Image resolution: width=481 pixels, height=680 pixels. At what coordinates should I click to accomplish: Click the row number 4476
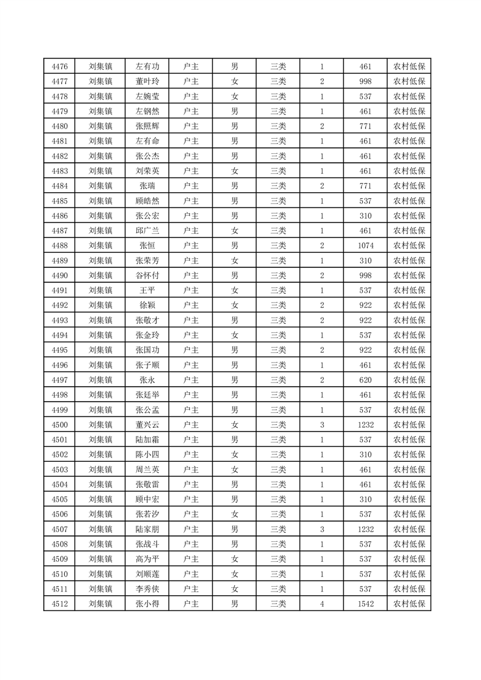point(59,67)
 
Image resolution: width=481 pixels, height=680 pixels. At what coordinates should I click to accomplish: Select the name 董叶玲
point(147,82)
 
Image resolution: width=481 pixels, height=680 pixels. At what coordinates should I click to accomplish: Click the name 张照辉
point(147,126)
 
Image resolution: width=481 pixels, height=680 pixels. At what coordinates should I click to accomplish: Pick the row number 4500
point(59,425)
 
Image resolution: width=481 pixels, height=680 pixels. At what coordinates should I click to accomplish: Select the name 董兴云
point(147,425)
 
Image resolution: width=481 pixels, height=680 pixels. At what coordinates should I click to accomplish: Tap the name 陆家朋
point(147,529)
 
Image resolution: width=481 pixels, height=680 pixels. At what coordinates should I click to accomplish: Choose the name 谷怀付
point(147,275)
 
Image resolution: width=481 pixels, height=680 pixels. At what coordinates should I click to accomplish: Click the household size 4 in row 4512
point(321,604)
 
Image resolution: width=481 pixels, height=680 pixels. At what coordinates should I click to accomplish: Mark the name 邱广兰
point(147,230)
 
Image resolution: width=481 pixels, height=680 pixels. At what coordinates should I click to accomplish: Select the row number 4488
point(59,245)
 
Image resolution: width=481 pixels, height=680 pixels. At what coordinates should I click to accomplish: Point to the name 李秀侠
point(147,588)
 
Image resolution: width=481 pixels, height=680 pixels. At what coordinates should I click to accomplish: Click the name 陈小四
point(147,455)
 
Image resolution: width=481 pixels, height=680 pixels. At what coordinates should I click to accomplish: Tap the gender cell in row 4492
point(234,305)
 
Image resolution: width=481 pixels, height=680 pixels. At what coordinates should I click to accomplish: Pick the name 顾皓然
point(147,201)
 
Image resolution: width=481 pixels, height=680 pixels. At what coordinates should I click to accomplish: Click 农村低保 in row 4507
point(409,529)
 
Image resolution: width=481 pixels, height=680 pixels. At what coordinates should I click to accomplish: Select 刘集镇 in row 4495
point(100,350)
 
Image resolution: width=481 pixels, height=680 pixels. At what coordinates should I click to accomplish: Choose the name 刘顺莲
point(147,574)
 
